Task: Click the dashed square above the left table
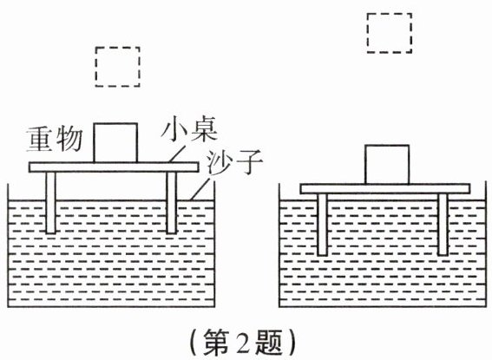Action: (95, 67)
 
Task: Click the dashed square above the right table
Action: (367, 33)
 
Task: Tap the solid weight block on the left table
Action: (115, 142)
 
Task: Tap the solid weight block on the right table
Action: (387, 164)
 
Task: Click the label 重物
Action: (54, 140)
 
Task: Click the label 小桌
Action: (189, 130)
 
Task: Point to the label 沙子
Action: (234, 162)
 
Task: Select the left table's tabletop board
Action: (114, 167)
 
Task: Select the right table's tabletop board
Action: (385, 189)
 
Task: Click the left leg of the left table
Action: (50, 203)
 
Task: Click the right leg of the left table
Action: (172, 203)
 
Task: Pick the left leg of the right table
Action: (322, 225)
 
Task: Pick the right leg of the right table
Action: (443, 225)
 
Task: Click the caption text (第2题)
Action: (243, 343)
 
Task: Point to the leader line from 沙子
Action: (202, 188)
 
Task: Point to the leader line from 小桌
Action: (177, 153)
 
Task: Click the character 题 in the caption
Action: (268, 343)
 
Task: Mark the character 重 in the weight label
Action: (40, 140)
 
